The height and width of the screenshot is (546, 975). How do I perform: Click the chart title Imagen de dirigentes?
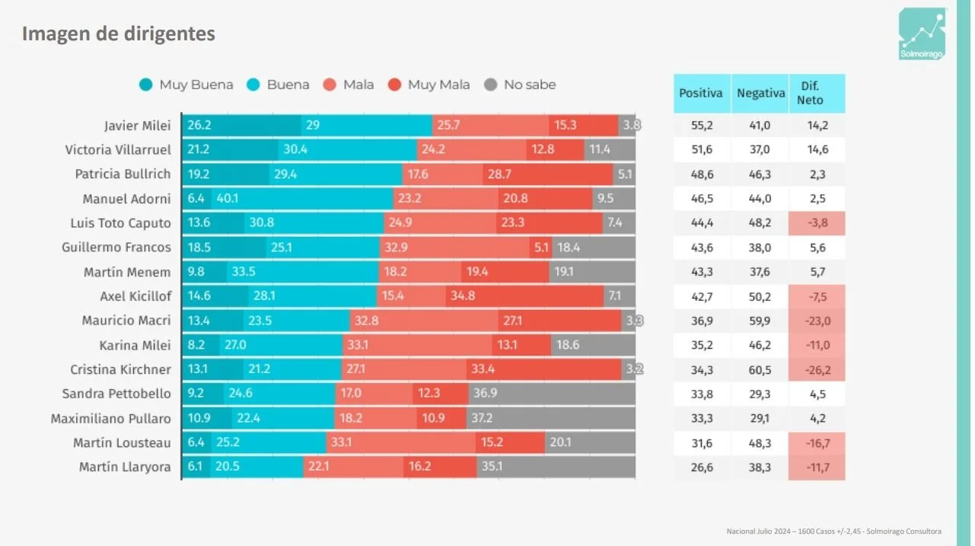click(x=118, y=34)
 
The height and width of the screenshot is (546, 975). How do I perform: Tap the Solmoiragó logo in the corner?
click(x=922, y=34)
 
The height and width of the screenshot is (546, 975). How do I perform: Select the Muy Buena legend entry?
click(x=186, y=85)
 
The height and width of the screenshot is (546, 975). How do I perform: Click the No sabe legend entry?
click(x=521, y=85)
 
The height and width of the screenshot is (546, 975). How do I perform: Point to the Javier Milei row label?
click(x=137, y=126)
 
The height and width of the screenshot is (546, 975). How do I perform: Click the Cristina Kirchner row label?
click(x=120, y=369)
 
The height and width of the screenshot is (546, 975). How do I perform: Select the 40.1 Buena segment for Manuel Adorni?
click(x=302, y=199)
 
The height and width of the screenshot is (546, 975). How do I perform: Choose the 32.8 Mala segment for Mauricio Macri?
click(x=424, y=321)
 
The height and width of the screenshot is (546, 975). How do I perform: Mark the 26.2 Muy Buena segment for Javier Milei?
click(x=242, y=126)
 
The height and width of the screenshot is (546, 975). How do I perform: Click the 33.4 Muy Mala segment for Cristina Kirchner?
click(x=544, y=369)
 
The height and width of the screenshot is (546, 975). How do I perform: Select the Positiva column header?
click(x=701, y=94)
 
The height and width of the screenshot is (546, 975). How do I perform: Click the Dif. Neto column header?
click(x=816, y=94)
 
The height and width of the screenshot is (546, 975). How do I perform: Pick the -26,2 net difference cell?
click(x=816, y=369)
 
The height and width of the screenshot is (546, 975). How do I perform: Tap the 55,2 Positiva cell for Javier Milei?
click(x=701, y=126)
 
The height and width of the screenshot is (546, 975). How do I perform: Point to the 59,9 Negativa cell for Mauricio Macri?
click(x=759, y=321)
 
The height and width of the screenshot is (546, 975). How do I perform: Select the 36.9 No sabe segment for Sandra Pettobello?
click(x=552, y=394)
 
